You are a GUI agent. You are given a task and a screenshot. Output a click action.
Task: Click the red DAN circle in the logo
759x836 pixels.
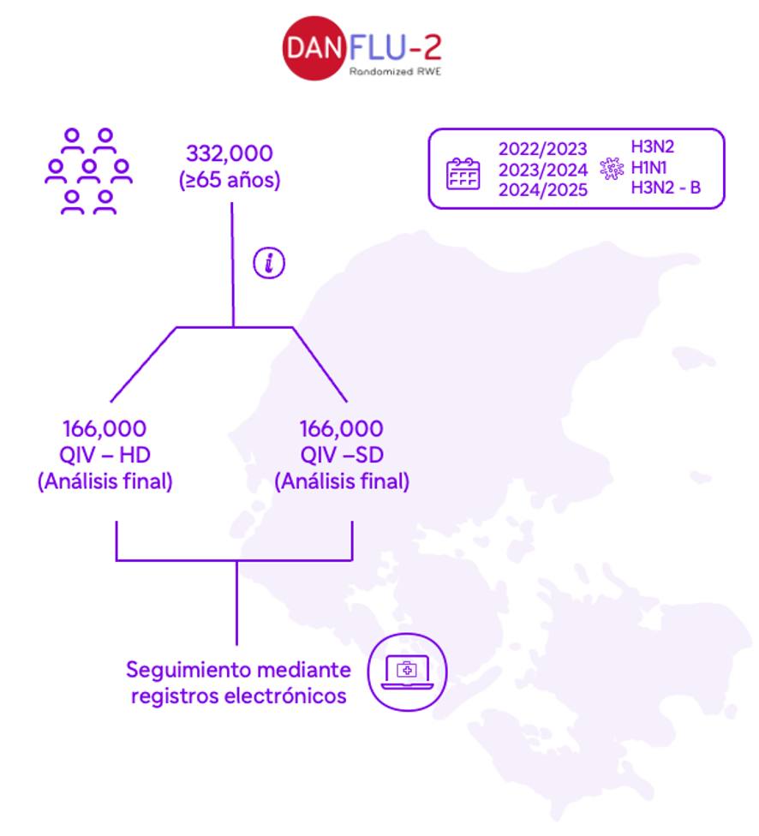coord(314,49)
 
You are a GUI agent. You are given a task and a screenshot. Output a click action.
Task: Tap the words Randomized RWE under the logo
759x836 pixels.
coord(395,71)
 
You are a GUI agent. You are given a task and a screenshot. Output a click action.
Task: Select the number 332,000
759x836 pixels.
coord(230,153)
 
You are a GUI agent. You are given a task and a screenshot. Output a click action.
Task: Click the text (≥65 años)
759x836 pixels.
coord(230,180)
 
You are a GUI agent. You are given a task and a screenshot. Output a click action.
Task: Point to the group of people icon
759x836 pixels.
coord(88,171)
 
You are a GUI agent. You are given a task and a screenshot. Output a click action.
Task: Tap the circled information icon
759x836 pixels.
coord(269,263)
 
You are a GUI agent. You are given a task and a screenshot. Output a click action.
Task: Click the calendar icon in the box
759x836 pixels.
coord(463,174)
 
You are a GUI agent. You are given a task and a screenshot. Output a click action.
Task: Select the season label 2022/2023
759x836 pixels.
coord(543,149)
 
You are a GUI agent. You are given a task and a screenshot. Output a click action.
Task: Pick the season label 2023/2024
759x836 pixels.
coord(543,170)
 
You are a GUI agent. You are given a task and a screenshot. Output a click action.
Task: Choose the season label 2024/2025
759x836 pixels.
coord(543,190)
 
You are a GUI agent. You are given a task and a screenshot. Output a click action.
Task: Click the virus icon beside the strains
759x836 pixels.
coord(612,169)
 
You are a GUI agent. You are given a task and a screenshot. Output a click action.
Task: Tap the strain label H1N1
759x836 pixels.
coord(648,168)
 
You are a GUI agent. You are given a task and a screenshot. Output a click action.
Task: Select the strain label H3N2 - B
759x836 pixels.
coord(666,188)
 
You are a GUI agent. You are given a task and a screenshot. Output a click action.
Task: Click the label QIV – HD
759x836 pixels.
coord(105,456)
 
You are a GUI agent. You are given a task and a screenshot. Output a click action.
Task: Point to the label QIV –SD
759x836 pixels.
coord(342,456)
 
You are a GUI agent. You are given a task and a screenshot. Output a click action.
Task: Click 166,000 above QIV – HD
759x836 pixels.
coord(105,428)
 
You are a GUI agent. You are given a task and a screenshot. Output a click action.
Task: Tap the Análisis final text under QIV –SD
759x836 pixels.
coord(342,481)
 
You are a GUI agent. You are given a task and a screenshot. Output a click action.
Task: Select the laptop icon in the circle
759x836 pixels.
coord(407,672)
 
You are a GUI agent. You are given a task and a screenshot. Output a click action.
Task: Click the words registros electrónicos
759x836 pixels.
coord(239,696)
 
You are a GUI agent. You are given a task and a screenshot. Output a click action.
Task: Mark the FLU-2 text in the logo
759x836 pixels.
coord(395,47)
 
